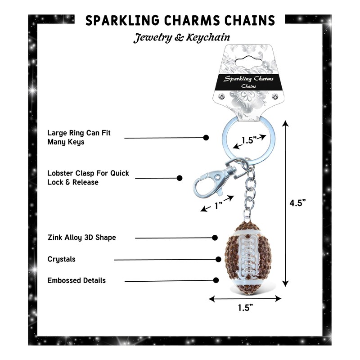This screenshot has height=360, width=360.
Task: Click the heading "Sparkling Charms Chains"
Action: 180,21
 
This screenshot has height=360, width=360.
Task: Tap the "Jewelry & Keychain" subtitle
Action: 181,38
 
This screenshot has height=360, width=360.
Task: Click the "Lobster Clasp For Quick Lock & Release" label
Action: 88,178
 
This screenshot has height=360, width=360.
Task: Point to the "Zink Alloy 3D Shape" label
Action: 81,237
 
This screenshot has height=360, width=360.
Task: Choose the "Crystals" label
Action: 62,259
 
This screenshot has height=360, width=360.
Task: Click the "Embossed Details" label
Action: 76,280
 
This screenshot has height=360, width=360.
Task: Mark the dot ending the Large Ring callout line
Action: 207,137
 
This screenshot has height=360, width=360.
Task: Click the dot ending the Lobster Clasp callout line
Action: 180,178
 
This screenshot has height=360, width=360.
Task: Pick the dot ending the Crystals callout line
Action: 219,259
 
